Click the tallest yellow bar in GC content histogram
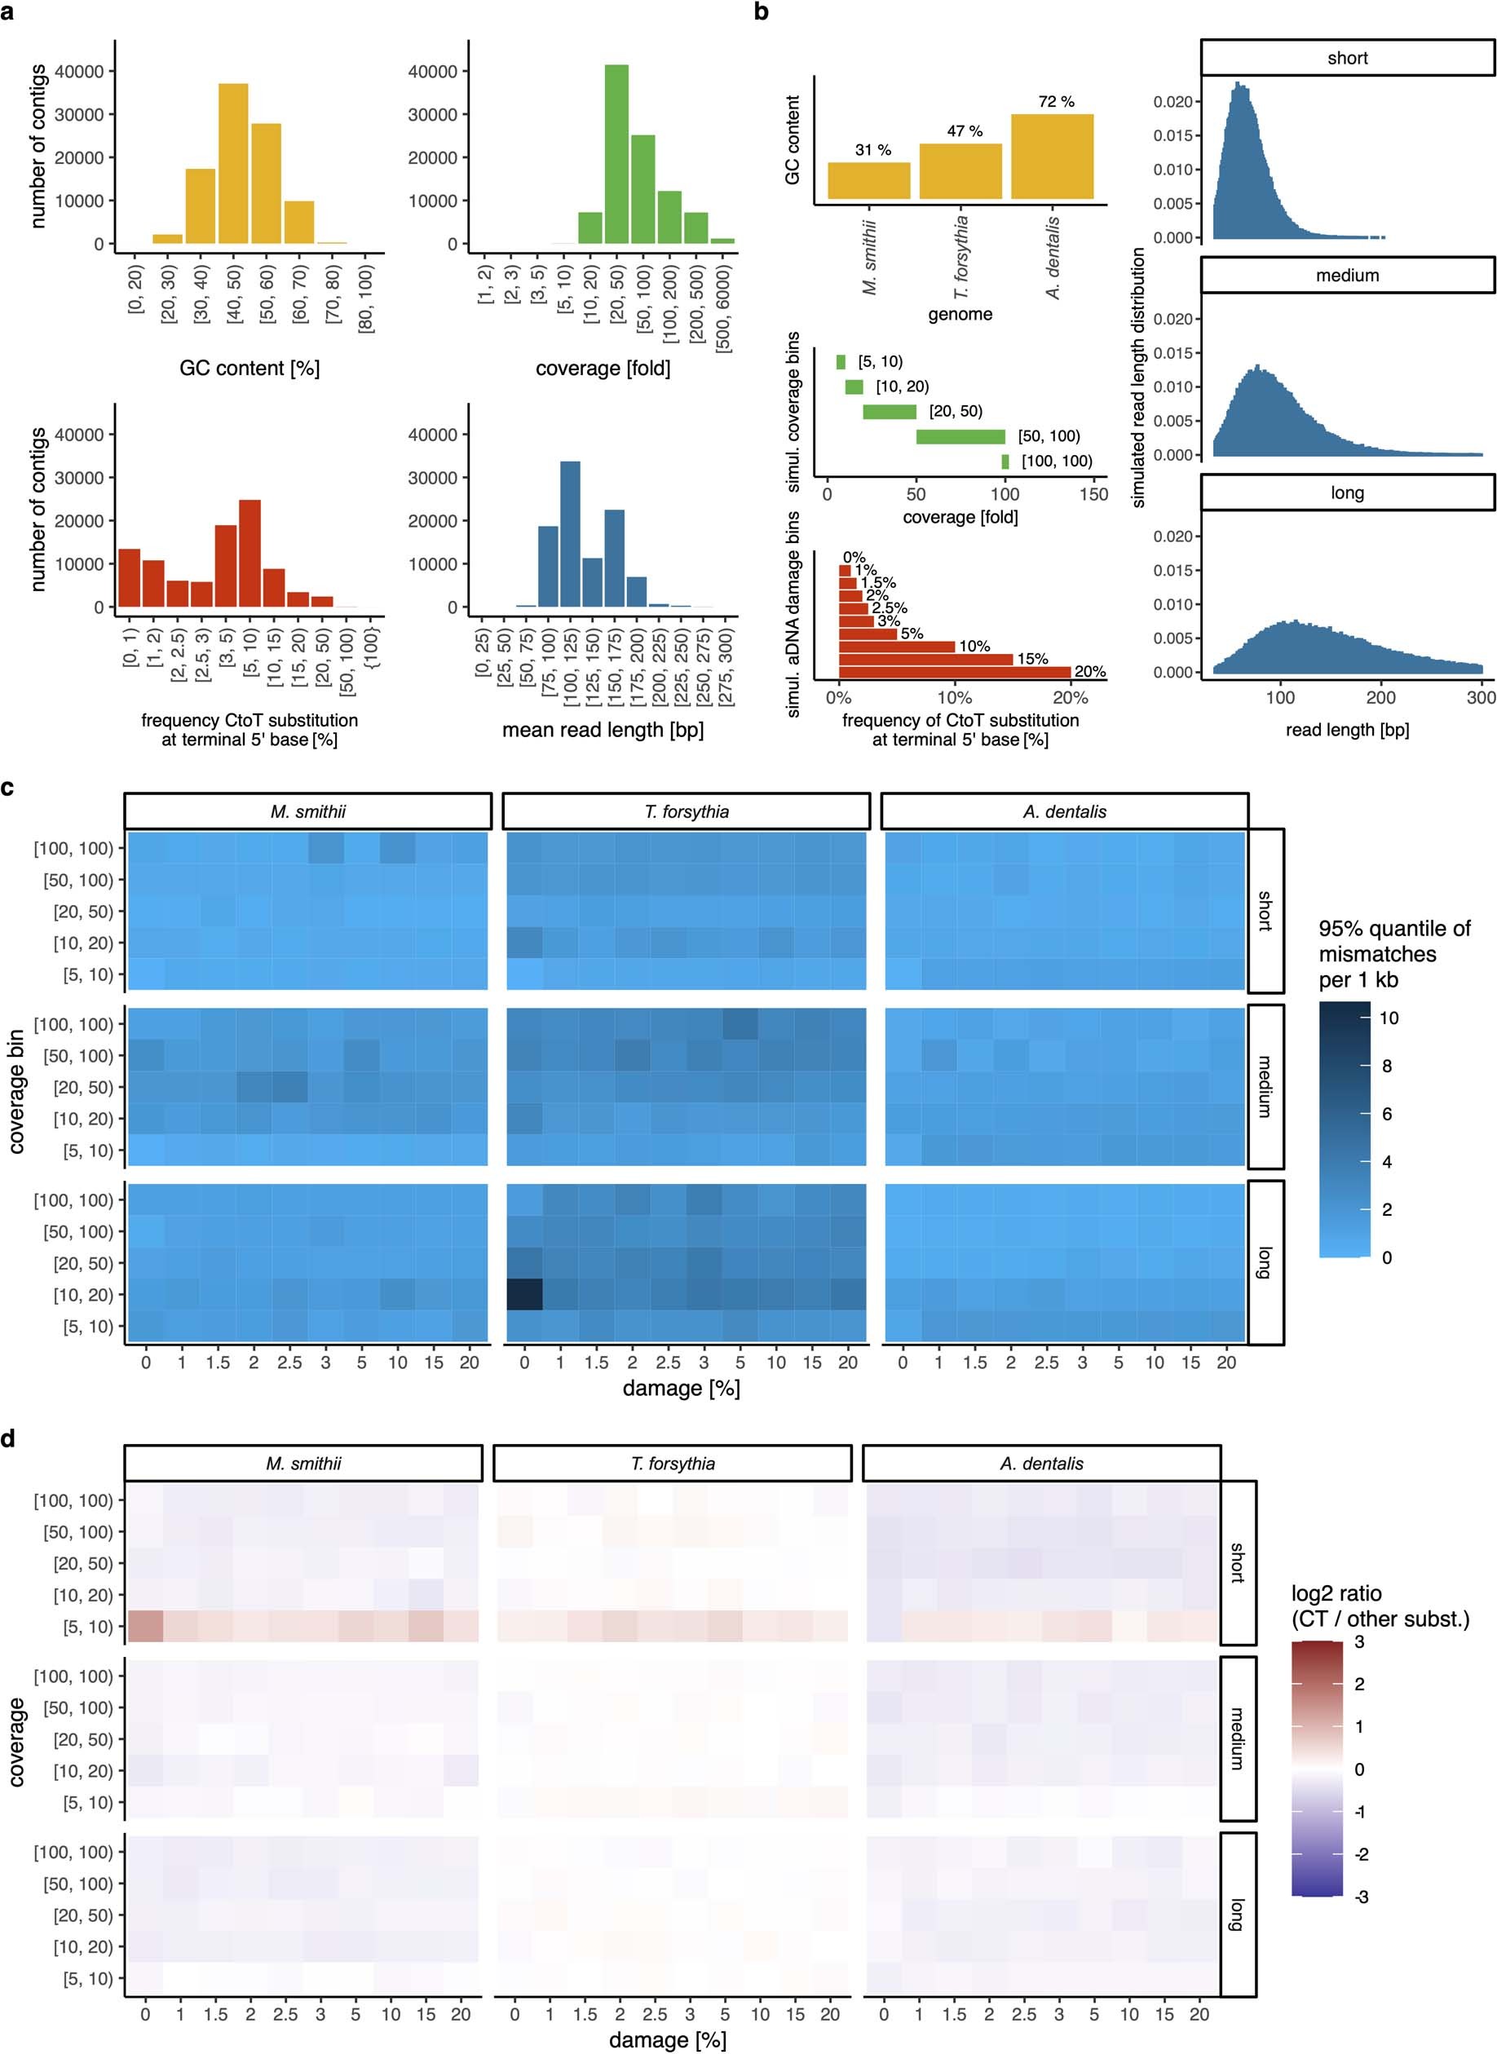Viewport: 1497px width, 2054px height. (233, 163)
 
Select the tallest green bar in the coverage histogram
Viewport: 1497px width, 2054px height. (617, 154)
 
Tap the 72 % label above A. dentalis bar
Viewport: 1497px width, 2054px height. (1056, 101)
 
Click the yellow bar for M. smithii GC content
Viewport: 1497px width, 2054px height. (868, 180)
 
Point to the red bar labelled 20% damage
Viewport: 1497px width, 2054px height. (954, 671)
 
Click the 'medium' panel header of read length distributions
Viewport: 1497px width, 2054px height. (1347, 276)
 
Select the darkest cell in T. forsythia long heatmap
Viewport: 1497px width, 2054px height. (523, 1294)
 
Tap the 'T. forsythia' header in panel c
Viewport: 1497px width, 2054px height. (686, 812)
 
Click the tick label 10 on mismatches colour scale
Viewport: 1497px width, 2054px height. (1389, 1018)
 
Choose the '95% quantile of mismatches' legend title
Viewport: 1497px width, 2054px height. (1393, 954)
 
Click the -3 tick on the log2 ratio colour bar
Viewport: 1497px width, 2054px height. (1360, 1897)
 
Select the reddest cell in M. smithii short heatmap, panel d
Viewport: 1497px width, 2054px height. (145, 1627)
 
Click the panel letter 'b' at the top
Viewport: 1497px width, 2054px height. (762, 13)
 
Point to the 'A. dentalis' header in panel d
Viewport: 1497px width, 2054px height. (1040, 1464)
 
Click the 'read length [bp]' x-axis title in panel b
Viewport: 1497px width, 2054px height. (1347, 729)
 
